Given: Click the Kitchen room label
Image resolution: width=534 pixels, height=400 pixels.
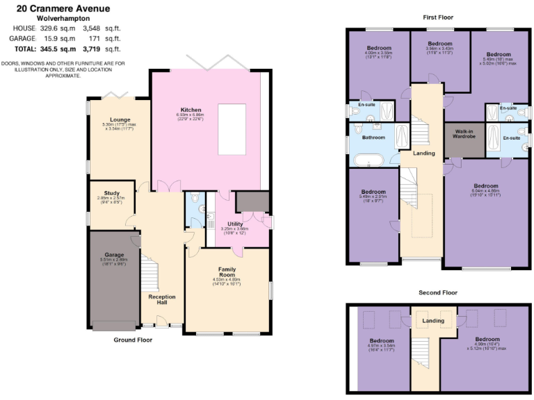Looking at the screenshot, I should click(x=191, y=110).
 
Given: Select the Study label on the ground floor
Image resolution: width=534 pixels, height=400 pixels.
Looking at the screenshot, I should click(x=112, y=193).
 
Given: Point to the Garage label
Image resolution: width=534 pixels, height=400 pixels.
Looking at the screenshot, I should click(x=114, y=255).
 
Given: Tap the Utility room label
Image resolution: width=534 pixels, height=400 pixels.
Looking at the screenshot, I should click(x=235, y=224).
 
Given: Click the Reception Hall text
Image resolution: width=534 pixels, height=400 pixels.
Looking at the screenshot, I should click(x=162, y=300).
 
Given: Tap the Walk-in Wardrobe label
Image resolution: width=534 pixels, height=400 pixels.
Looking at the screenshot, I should click(x=464, y=133).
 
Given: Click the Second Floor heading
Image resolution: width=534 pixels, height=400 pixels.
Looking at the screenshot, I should click(x=438, y=292).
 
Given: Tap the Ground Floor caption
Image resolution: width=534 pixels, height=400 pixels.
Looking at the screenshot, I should click(x=133, y=340).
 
